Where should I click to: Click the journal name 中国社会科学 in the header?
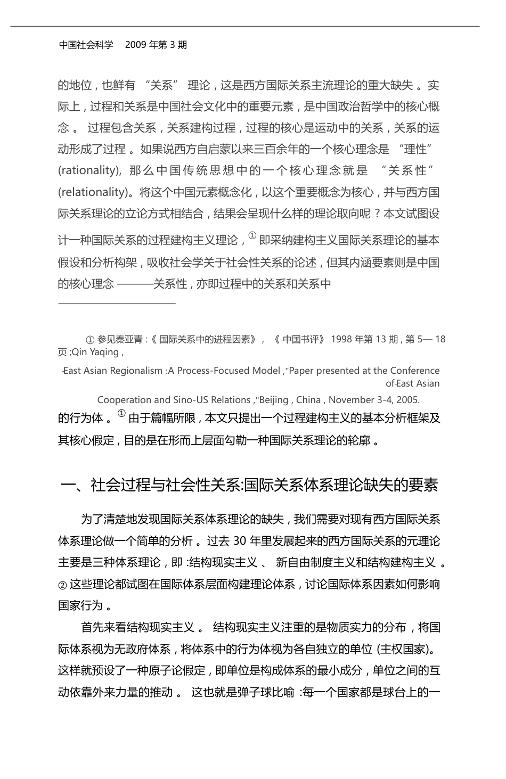click(x=86, y=45)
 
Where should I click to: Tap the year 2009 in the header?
click(x=136, y=45)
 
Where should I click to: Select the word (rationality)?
click(x=88, y=170)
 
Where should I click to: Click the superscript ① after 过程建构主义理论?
click(x=252, y=236)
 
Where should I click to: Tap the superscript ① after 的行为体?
click(x=121, y=414)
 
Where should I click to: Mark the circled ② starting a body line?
click(x=62, y=584)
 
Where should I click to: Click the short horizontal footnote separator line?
click(x=117, y=304)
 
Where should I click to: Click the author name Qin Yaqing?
click(x=96, y=352)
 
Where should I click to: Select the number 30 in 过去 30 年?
click(x=240, y=541)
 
